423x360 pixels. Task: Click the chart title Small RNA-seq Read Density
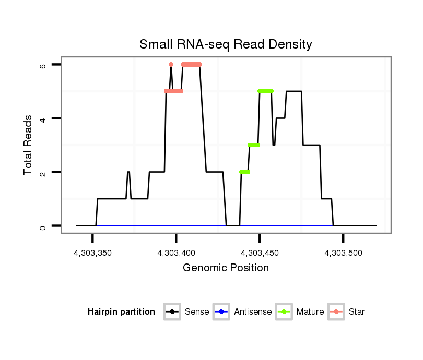point(226,44)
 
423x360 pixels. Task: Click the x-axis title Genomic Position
point(226,268)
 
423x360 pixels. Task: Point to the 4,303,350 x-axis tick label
point(93,253)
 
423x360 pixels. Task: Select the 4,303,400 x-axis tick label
point(176,253)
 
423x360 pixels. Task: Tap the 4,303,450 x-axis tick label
point(260,253)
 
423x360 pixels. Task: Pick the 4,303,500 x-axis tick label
point(343,253)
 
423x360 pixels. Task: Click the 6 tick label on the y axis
point(43,65)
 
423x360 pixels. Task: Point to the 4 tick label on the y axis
point(43,118)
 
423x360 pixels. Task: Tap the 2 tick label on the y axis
point(43,172)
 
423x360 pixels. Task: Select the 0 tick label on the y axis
point(43,226)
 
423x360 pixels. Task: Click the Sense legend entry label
point(197,312)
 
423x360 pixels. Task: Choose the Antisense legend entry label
point(253,312)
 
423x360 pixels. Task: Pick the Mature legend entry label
point(310,312)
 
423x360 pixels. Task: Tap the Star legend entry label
point(357,312)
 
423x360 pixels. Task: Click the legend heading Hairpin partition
point(121,312)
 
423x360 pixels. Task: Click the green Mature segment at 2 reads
point(244,172)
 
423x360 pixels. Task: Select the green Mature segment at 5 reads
point(265,91)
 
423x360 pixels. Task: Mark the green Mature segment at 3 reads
point(254,145)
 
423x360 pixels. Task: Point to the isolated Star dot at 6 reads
point(171,64)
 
